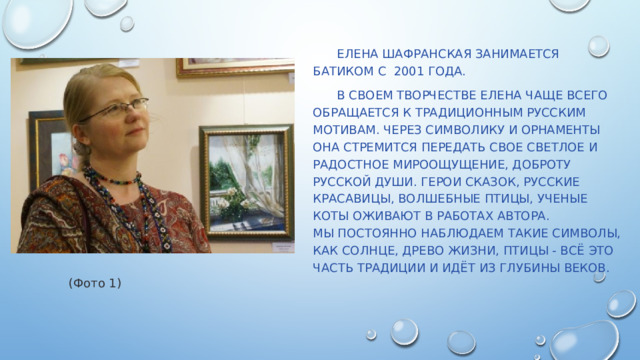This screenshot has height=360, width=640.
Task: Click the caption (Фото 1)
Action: pos(95,284)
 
